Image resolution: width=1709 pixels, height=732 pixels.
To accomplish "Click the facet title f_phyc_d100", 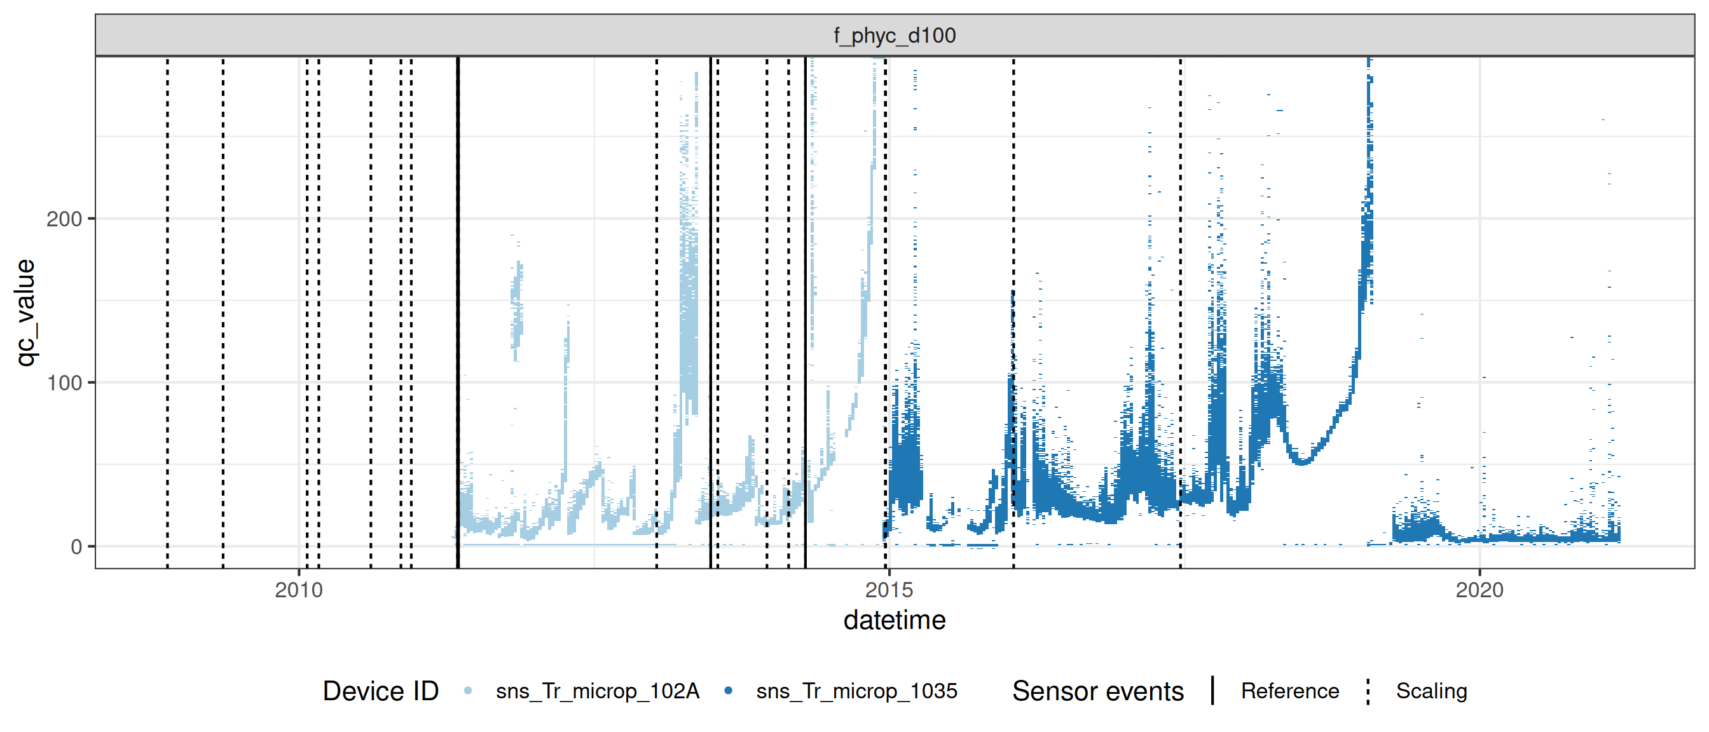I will pos(895,35).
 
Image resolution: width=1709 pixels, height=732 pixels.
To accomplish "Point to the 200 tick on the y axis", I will pos(64,219).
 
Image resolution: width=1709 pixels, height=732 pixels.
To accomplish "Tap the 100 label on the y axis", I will pos(64,383).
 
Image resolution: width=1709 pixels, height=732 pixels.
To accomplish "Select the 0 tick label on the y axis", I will pos(76,547).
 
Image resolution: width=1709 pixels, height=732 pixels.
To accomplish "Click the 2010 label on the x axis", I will pos(299,590).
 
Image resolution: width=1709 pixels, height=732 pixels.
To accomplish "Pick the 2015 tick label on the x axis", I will pos(889,590).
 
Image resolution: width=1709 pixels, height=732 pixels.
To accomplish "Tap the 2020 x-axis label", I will pos(1479,590).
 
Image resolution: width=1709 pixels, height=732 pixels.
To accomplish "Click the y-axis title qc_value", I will pos(25,312).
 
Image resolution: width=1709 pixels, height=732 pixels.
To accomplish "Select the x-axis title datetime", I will pos(895,621).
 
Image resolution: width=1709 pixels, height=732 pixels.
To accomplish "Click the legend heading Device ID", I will pos(380,691).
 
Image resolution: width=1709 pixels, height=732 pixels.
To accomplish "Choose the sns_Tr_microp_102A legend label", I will pos(597,691).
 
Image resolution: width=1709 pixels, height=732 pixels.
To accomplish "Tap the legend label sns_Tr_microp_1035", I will pos(856,691).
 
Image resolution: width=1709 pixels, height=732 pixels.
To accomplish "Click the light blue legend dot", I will pos(468,691).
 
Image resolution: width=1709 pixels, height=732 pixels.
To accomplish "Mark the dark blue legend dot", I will pos(729,691).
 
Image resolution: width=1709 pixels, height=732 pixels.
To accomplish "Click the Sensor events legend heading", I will pos(1097,691).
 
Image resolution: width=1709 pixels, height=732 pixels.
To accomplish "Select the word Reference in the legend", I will pos(1290,691).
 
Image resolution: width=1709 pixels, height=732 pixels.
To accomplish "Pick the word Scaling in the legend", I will pos(1431,691).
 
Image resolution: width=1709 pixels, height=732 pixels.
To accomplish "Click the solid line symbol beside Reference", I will pos(1212,691).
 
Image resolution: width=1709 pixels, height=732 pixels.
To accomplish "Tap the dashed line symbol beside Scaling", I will pos(1368,691).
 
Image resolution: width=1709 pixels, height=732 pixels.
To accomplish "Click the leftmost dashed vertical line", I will pos(167,311).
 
